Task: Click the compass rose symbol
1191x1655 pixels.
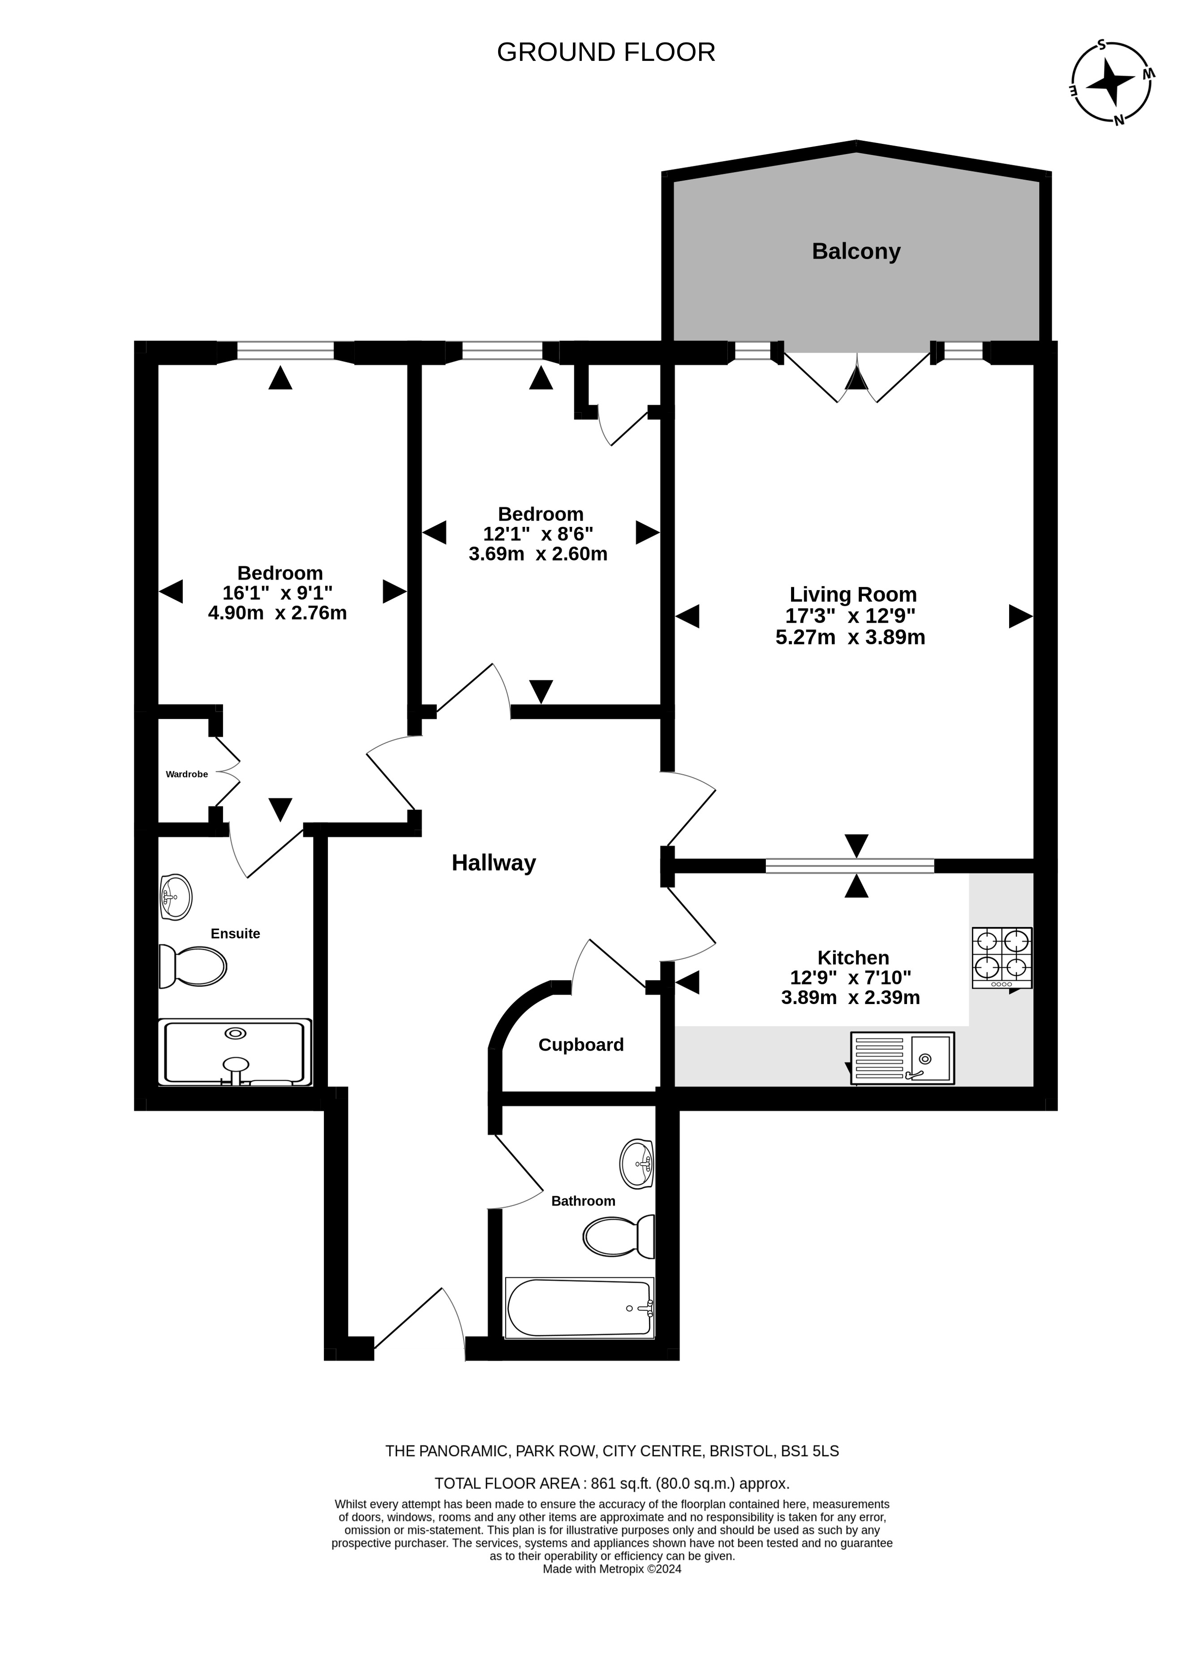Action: click(1112, 82)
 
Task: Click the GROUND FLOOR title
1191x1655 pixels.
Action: click(606, 52)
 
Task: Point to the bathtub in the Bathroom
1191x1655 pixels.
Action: click(580, 1308)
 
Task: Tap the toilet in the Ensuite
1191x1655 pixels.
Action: click(193, 967)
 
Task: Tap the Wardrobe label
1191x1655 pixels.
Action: click(187, 774)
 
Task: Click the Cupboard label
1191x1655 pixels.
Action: click(581, 1045)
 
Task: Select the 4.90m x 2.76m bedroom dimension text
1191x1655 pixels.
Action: click(277, 613)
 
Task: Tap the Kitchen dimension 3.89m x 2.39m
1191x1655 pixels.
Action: click(851, 997)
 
